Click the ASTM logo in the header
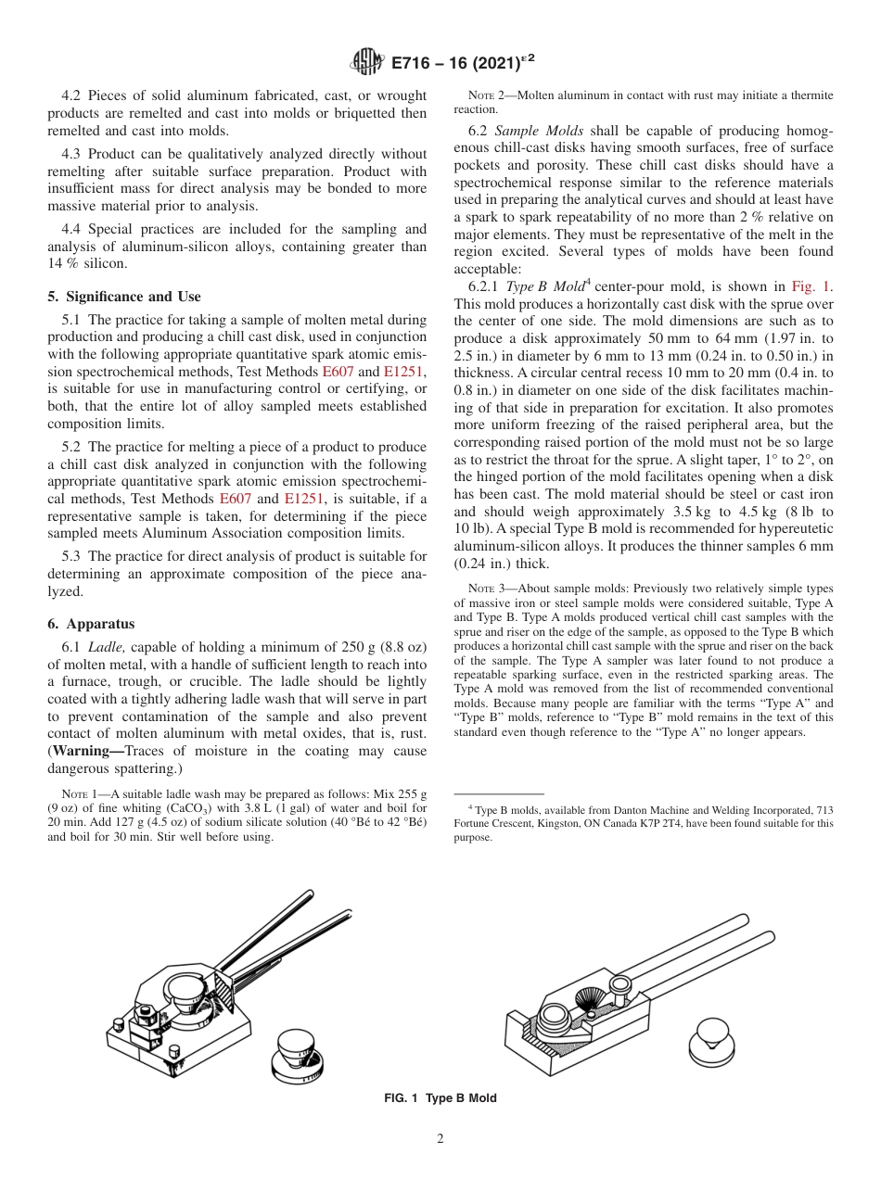click(x=367, y=62)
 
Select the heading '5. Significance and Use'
click(x=123, y=297)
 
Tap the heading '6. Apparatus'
click(x=91, y=624)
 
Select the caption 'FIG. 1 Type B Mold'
click(x=440, y=1098)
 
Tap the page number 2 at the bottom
click(x=440, y=1139)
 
